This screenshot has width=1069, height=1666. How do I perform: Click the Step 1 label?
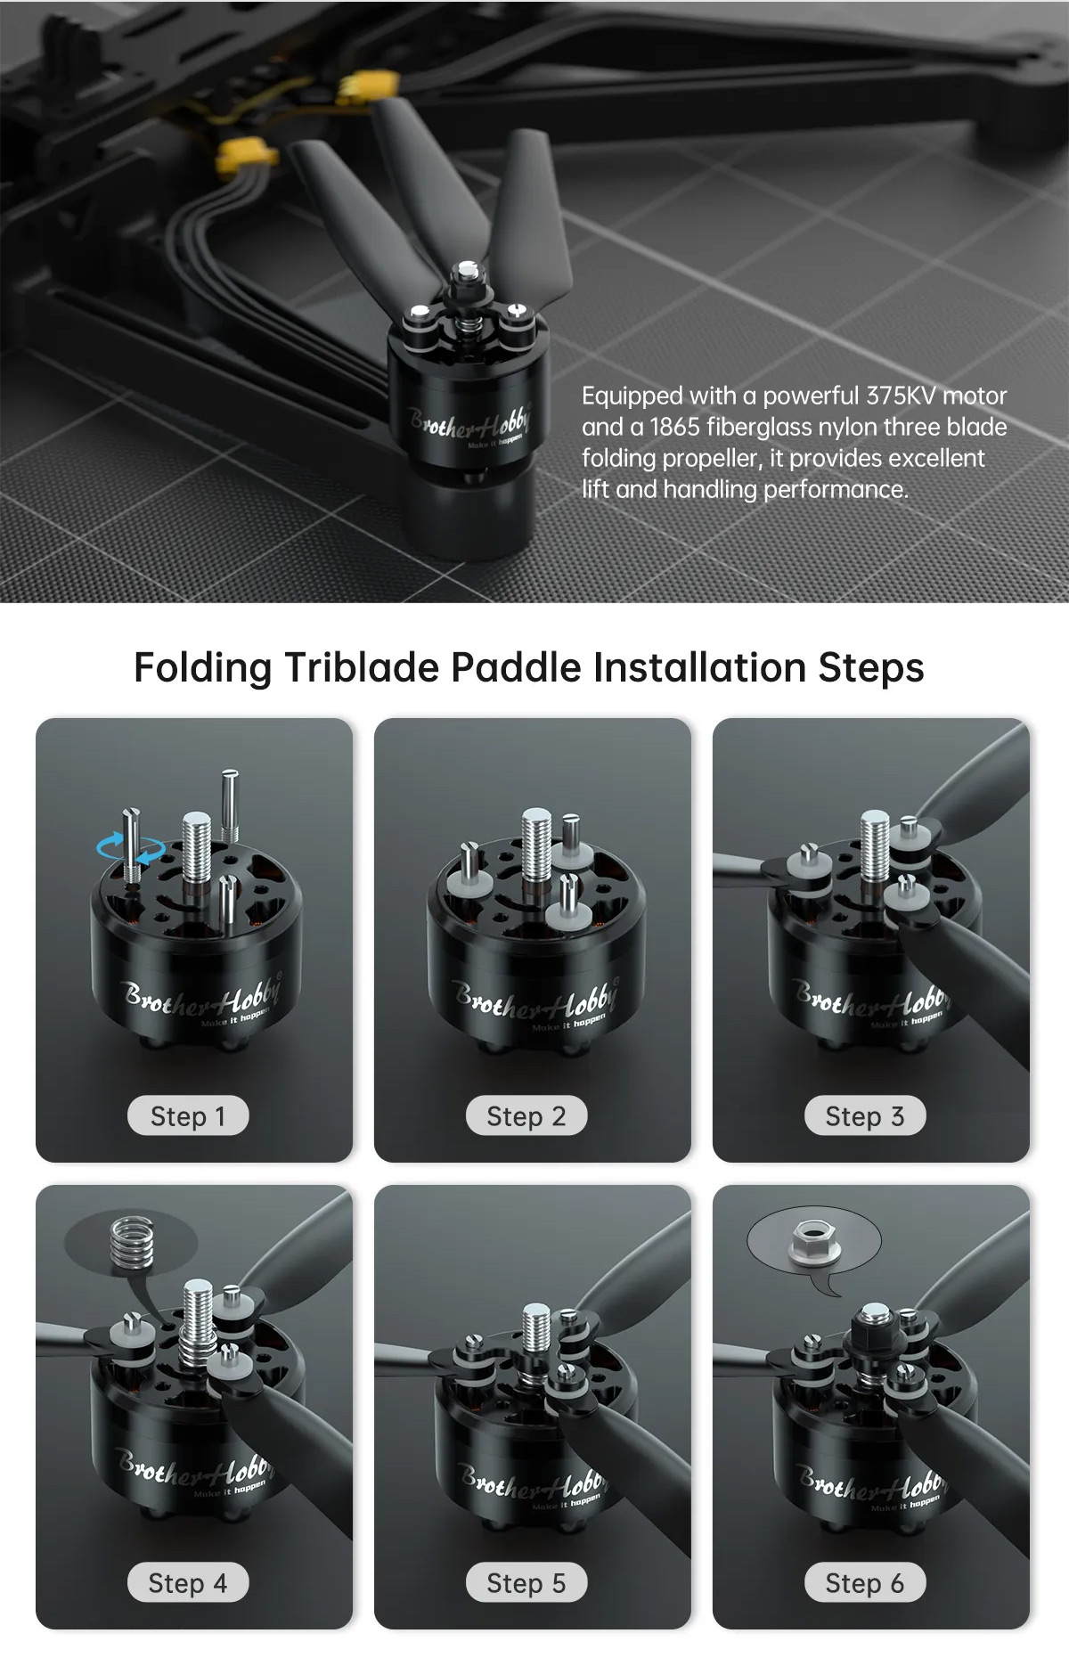tap(188, 1115)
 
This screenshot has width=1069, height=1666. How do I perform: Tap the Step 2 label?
tap(526, 1115)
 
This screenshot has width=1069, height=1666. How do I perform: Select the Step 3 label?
tap(865, 1115)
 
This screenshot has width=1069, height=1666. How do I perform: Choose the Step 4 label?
tap(188, 1582)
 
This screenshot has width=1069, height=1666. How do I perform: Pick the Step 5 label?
tap(526, 1582)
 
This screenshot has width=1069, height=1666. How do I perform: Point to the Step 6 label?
tap(865, 1582)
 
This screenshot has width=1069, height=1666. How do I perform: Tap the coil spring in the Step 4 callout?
tap(131, 1242)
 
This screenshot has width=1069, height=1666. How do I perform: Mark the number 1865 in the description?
tap(674, 427)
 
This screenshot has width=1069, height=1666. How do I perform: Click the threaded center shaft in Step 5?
tap(535, 1327)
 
